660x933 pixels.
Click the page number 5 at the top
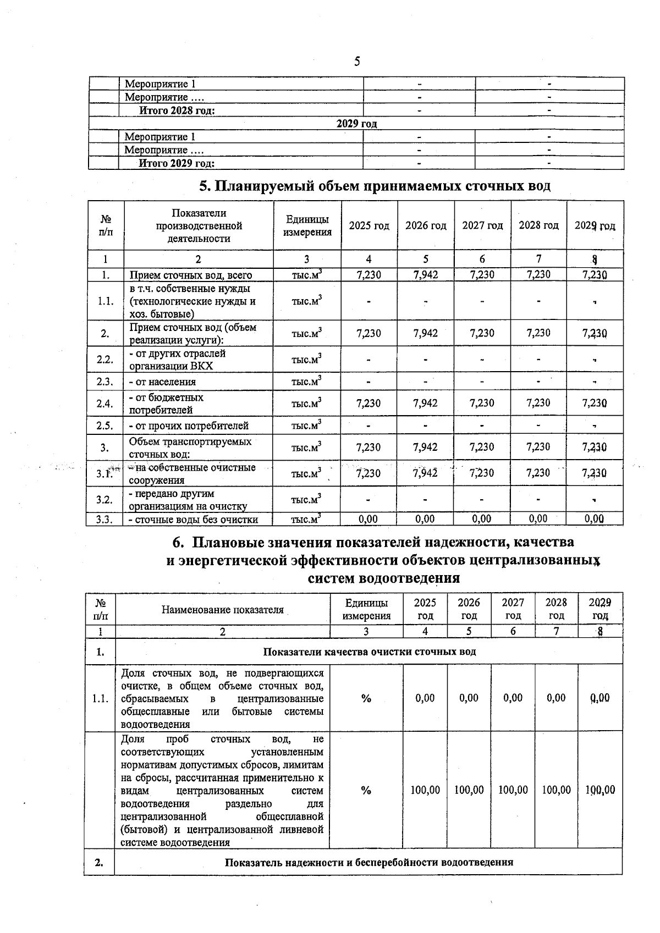point(358,61)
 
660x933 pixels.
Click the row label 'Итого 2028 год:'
point(177,111)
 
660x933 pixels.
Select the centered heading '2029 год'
point(356,124)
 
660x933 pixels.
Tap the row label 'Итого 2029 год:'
point(176,163)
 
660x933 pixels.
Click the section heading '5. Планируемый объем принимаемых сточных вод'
point(375,186)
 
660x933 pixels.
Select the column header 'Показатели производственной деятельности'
point(199,225)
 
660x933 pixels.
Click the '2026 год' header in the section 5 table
point(426,225)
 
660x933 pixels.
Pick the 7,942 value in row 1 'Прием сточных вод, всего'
point(426,275)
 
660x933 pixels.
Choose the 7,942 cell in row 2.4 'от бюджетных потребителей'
point(426,403)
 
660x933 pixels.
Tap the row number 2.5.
point(105,426)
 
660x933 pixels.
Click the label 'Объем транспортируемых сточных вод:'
point(190,448)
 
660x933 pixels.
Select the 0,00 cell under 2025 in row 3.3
point(369,518)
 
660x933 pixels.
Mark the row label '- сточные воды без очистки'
point(193,519)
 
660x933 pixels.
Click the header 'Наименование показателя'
point(222,609)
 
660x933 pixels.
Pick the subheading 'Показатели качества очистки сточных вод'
point(369,652)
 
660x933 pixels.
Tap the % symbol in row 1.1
point(366,698)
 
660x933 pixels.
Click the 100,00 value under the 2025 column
point(425,790)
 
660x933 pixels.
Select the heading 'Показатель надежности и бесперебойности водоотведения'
point(369,862)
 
